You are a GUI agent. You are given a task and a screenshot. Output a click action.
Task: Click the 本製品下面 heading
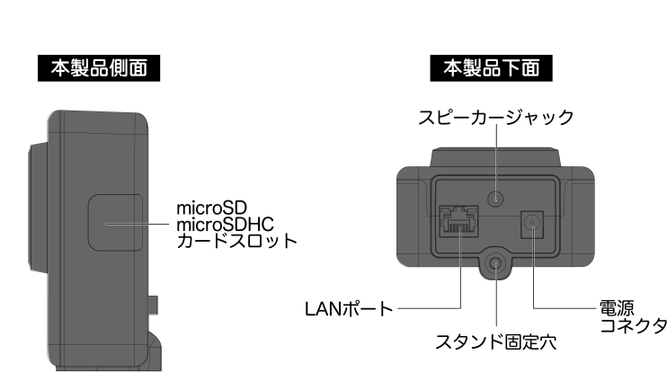(x=494, y=66)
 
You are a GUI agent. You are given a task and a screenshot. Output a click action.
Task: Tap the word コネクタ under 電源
(x=633, y=323)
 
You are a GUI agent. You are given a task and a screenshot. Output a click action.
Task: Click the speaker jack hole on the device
(x=494, y=199)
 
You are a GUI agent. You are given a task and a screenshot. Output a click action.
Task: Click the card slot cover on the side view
(x=114, y=224)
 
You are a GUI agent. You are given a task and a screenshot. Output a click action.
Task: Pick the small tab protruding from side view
(x=155, y=306)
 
